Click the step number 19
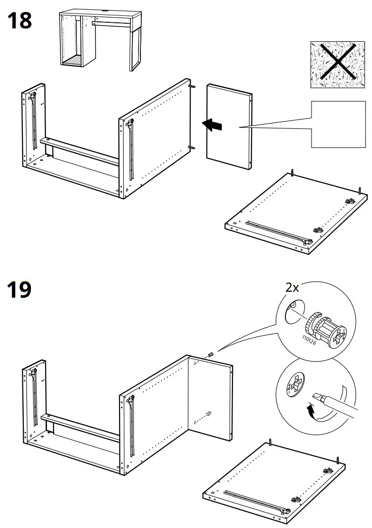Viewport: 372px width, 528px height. pyautogui.click(x=20, y=290)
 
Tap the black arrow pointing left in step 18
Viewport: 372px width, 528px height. pyautogui.click(x=212, y=125)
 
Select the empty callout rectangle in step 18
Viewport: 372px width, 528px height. pyautogui.click(x=336, y=124)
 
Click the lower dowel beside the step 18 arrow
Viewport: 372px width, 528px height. pyautogui.click(x=192, y=147)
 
